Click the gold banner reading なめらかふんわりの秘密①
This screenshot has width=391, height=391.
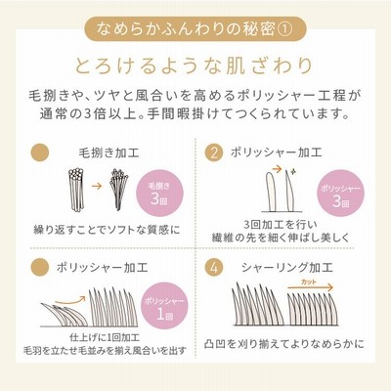pyautogui.click(x=195, y=28)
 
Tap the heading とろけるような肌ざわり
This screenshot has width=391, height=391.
pyautogui.click(x=195, y=65)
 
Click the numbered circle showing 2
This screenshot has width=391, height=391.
pyautogui.click(x=214, y=152)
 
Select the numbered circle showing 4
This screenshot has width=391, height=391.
pyautogui.click(x=214, y=268)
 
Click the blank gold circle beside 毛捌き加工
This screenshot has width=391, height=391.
pyautogui.click(x=40, y=152)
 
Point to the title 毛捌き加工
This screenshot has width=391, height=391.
pyautogui.click(x=109, y=152)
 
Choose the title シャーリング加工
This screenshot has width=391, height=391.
pyautogui.click(x=287, y=268)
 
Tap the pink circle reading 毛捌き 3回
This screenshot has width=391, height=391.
pyautogui.click(x=159, y=194)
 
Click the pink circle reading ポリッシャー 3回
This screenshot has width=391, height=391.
pyautogui.click(x=340, y=194)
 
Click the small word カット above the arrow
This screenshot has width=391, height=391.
pyautogui.click(x=308, y=282)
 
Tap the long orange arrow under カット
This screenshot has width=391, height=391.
pyautogui.click(x=311, y=287)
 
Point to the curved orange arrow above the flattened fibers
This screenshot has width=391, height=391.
pyautogui.click(x=70, y=301)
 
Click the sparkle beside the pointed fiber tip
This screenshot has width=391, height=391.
pyautogui.click(x=293, y=170)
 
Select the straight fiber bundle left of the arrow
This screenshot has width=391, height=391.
pyautogui.click(x=76, y=190)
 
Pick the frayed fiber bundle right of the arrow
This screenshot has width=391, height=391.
pyautogui.click(x=118, y=189)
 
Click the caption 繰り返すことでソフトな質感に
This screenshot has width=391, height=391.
pyautogui.click(x=107, y=230)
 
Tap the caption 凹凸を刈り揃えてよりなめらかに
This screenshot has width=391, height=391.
pyautogui.click(x=284, y=344)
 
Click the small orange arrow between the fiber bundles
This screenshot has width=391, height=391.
pyautogui.click(x=97, y=186)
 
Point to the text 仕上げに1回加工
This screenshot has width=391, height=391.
pyautogui.click(x=105, y=337)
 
